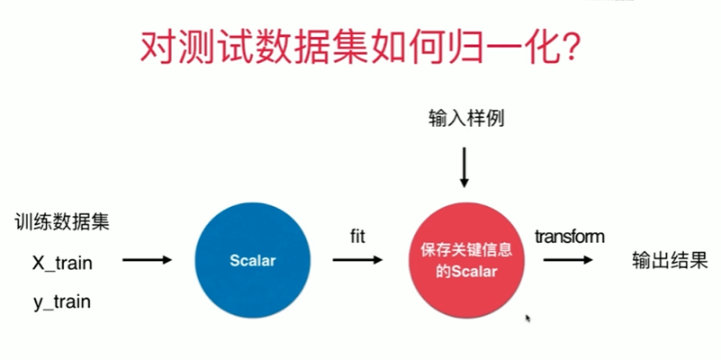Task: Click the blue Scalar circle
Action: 251,261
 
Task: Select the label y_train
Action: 62,302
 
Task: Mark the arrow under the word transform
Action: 567,261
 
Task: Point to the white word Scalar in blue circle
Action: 251,261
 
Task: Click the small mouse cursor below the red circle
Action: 527,318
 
